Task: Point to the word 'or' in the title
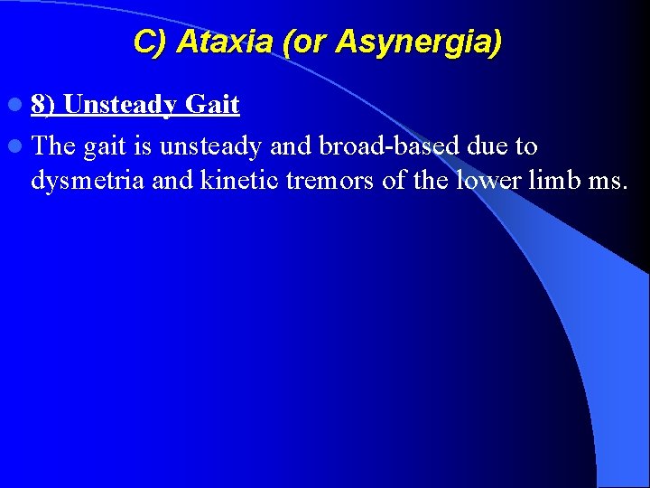tap(308, 42)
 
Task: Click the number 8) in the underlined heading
tap(43, 106)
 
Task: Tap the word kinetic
tap(239, 181)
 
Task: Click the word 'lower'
tap(489, 181)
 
